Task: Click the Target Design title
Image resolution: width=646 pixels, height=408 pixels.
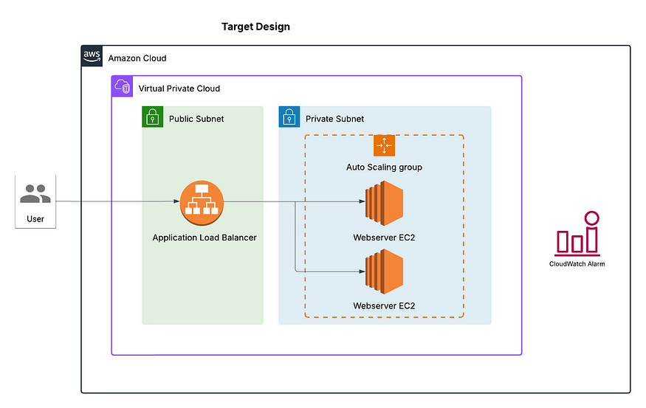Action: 255,27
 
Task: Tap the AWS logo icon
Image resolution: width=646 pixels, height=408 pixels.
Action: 92,56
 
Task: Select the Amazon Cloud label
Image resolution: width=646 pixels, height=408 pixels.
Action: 137,58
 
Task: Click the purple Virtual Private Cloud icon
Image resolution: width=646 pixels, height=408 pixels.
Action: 122,86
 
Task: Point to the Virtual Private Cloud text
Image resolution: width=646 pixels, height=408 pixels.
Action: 179,89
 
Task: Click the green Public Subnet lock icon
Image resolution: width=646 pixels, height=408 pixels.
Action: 152,117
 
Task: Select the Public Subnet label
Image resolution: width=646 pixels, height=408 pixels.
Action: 196,119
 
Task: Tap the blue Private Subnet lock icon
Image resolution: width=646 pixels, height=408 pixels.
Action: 289,117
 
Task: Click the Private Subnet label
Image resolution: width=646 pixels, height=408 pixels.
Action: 334,119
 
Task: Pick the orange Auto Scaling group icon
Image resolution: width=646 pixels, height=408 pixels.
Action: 384,145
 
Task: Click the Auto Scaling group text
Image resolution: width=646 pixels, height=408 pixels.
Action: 384,167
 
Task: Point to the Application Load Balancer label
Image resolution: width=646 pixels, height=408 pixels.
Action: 205,238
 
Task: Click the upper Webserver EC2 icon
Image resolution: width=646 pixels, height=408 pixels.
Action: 384,203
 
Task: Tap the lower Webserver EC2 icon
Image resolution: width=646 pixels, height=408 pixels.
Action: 384,272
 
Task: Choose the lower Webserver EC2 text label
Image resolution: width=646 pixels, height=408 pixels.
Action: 384,305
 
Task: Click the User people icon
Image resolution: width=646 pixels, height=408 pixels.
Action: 35,194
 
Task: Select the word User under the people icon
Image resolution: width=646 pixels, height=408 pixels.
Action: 35,218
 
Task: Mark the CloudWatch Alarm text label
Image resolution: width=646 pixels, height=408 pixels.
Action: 577,263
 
